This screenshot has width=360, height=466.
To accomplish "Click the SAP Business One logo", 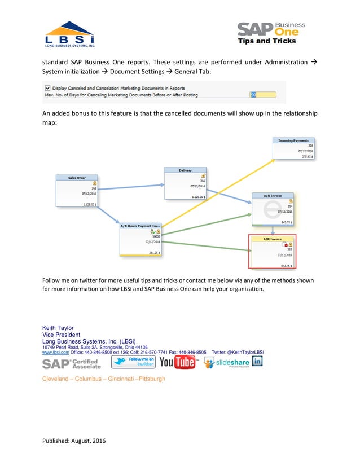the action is (271, 33).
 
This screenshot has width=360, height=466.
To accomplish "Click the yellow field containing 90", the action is (263, 95).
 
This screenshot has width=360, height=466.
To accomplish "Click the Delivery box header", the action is (185, 170).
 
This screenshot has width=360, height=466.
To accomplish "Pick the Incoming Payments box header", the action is (293, 140).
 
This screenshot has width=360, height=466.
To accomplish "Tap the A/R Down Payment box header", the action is (141, 225).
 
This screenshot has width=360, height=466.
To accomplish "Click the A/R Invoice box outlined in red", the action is (273, 252).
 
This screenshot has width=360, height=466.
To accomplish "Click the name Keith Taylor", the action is (58, 328).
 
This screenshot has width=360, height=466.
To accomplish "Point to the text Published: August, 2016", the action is (73, 441).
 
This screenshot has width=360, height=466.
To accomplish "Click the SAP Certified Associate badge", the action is (71, 363).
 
